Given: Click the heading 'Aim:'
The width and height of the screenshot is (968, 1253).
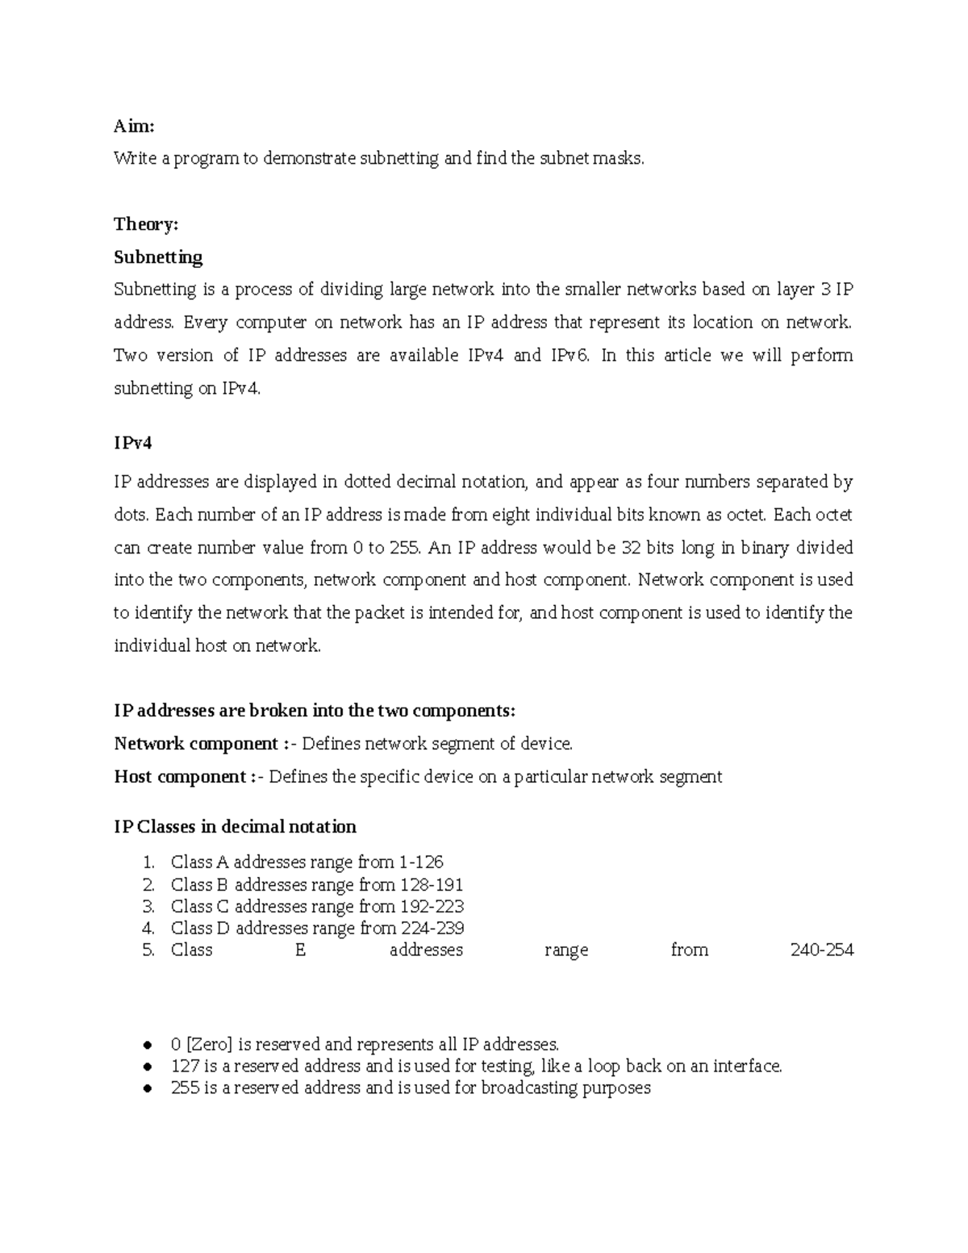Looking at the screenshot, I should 133,126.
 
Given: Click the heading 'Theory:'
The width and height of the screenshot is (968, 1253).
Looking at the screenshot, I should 145,224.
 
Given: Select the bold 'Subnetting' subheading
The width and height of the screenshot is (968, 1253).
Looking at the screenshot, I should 158,257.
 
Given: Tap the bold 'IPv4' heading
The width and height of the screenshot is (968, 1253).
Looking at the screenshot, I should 132,443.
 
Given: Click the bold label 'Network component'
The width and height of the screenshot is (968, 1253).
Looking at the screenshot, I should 196,743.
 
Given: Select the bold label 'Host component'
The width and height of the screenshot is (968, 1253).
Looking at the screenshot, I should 180,777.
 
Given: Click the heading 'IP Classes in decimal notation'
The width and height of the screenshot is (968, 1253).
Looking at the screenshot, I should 235,827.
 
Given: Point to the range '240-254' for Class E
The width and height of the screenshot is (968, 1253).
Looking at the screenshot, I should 821,950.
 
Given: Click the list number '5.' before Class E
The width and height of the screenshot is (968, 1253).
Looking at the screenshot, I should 148,950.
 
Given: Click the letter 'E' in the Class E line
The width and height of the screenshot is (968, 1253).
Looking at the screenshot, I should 300,950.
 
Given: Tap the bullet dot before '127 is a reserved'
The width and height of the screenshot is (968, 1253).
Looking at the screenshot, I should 147,1067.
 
